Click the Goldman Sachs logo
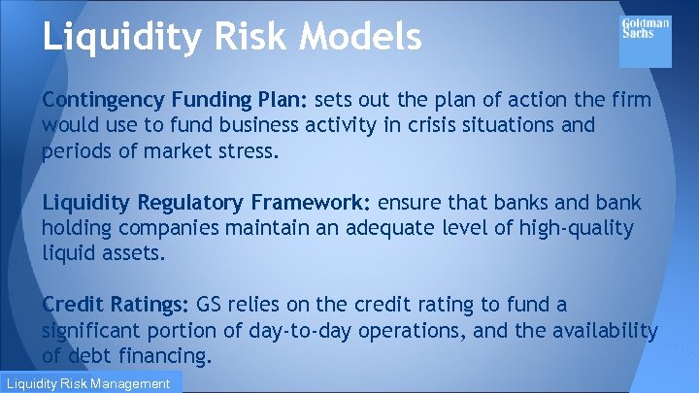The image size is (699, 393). click(x=645, y=40)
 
